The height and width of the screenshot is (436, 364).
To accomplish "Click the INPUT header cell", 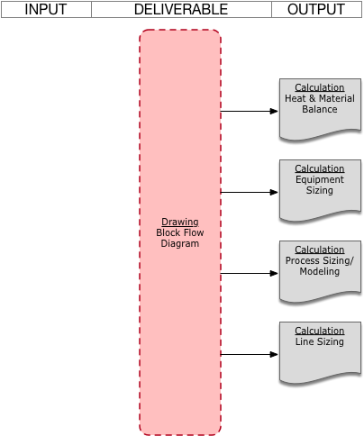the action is (46, 9).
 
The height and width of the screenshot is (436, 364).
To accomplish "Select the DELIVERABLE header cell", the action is (181, 9).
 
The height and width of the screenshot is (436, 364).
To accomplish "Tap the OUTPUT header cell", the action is (316, 9).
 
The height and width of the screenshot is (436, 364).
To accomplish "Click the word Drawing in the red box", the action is (180, 222).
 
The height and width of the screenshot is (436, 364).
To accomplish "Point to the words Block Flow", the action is (180, 232).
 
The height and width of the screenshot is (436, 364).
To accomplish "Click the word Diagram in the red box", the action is (180, 243).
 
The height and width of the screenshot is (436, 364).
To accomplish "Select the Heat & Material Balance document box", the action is (320, 110).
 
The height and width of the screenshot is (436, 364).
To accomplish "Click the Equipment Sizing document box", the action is (320, 191).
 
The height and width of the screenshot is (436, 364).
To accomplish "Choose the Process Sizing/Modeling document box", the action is (320, 272).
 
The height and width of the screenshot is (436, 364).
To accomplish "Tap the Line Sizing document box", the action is (320, 353).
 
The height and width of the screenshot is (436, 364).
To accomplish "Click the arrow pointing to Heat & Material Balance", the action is (250, 111).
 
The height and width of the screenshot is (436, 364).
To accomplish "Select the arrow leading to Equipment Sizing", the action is (250, 192).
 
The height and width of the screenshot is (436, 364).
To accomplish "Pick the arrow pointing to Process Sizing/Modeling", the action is (250, 273).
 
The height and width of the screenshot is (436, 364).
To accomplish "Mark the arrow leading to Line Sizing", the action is (250, 354).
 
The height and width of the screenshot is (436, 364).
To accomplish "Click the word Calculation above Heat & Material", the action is (320, 87).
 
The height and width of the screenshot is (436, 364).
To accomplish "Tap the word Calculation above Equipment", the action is (320, 168).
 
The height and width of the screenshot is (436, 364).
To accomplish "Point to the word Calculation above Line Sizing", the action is (320, 331).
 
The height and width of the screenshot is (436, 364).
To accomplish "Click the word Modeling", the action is (320, 271).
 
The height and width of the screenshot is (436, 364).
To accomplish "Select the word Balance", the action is (320, 109).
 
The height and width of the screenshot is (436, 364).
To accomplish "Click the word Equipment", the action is (320, 179).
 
